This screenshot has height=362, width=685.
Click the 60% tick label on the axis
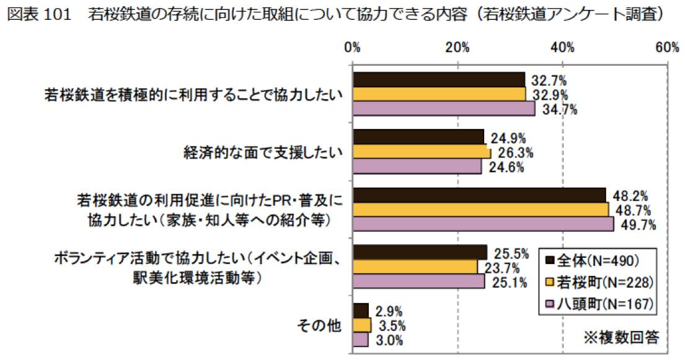click(666, 49)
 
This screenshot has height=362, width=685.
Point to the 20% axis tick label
click(457, 49)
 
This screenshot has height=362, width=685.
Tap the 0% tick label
click(353, 49)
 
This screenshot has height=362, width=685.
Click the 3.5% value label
click(392, 325)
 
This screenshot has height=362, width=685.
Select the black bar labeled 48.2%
click(479, 195)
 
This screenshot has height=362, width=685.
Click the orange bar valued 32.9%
click(439, 94)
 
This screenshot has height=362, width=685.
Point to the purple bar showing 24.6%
click(417, 167)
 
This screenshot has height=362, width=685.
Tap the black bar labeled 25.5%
click(420, 252)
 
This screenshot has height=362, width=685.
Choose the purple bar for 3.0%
click(361, 340)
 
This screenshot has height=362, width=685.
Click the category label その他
click(320, 325)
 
